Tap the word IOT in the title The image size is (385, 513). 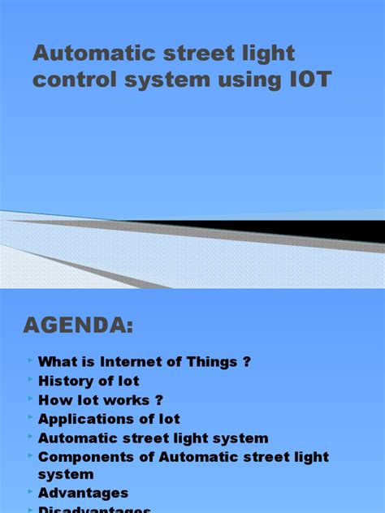tap(309, 82)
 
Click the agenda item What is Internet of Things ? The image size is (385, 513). tap(139, 362)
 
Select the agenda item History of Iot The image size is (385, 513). tap(89, 381)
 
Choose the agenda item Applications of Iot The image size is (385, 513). tap(109, 419)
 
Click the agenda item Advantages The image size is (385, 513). tap(83, 493)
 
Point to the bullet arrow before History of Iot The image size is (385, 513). tap(30, 379)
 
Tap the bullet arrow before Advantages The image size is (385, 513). tap(30, 491)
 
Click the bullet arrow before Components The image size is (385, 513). tap(30, 455)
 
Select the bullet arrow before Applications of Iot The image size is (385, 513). tap(30, 417)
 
